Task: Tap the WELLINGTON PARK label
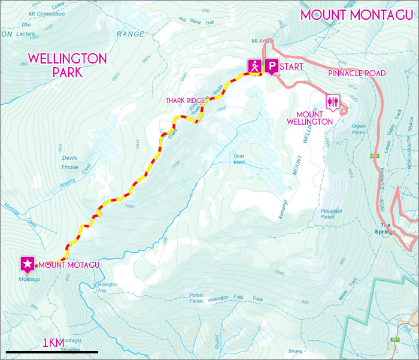[67, 65]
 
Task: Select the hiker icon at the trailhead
[255, 66]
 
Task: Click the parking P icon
[271, 66]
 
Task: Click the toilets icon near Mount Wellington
[332, 101]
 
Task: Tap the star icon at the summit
[28, 263]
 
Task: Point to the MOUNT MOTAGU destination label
[70, 264]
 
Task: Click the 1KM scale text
[53, 343]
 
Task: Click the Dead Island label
[239, 158]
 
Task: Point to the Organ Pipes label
[358, 129]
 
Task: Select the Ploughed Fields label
[330, 214]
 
